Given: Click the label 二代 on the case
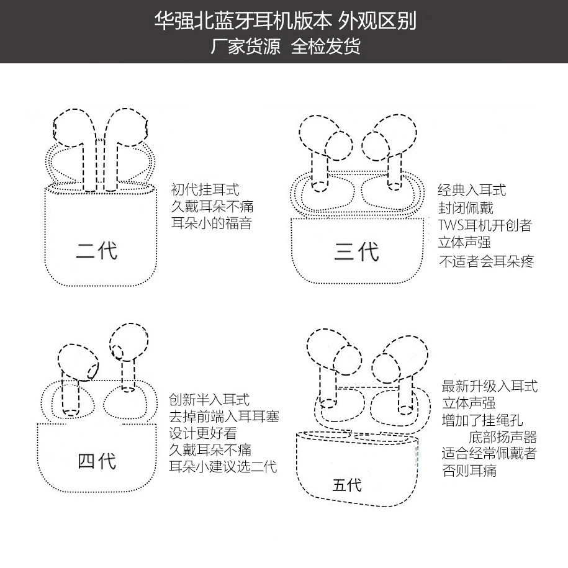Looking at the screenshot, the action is click(97, 251).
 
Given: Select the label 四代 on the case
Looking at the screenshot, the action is click(97, 461).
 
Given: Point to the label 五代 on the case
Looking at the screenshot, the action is click(346, 484).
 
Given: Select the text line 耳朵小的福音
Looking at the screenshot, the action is click(211, 223).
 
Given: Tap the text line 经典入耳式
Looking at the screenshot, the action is click(472, 190).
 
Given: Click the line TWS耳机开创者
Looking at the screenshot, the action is click(485, 225).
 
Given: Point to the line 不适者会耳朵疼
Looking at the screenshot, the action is click(486, 261).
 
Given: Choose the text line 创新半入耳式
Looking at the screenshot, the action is click(209, 400).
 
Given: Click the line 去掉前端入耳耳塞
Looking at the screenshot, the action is click(224, 417).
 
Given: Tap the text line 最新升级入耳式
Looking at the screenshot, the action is click(489, 386).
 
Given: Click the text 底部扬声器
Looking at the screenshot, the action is click(503, 437).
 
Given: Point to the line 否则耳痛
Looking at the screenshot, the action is click(469, 471).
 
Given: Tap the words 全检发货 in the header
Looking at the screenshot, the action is click(325, 47).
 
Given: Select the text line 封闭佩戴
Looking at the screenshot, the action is click(466, 207).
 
